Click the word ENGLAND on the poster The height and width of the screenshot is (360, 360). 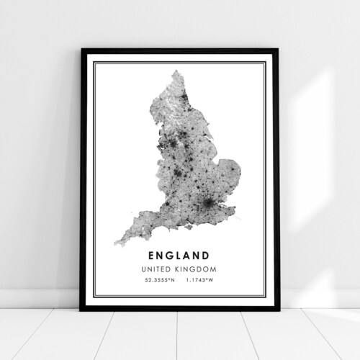coord(180,254)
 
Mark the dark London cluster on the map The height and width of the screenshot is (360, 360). coord(210,207)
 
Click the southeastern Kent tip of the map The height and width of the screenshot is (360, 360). coord(232,212)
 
